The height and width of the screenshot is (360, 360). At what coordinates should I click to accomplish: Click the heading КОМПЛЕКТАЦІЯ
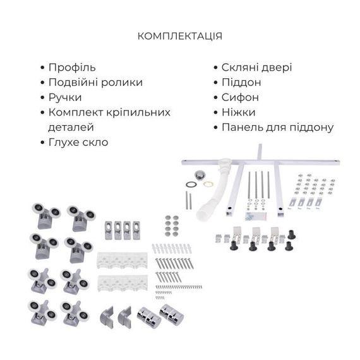(x=179, y=36)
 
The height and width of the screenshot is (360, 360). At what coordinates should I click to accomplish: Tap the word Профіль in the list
(x=71, y=67)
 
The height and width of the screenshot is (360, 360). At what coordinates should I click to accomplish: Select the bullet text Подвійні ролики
(x=95, y=82)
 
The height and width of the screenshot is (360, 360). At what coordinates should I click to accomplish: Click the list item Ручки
(x=65, y=97)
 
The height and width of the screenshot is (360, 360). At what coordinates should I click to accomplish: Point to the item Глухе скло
(x=78, y=142)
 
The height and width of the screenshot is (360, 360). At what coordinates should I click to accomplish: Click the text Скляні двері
(x=256, y=68)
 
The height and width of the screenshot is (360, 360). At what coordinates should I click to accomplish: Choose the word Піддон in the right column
(x=241, y=83)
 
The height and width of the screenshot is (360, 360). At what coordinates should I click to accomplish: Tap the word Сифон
(x=240, y=98)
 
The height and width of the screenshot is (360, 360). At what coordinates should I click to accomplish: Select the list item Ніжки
(x=238, y=112)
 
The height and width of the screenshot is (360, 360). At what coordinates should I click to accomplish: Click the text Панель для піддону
(x=277, y=128)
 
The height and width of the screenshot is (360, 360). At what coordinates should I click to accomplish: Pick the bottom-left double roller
(x=42, y=311)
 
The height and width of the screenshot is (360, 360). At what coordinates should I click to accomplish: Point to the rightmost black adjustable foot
(x=291, y=234)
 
